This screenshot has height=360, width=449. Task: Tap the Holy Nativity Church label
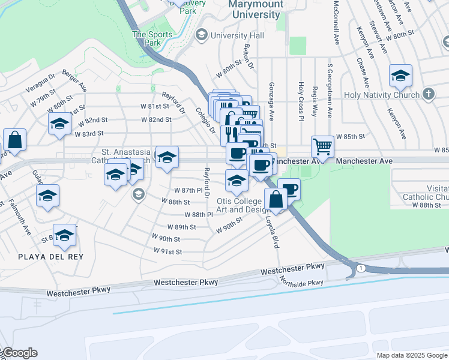coord(381,95)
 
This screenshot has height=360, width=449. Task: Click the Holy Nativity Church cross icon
coord(427,94)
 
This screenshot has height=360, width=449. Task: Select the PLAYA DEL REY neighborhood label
coord(50,257)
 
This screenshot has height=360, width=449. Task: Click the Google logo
coord(19,353)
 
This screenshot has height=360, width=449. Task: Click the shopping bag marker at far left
coord(14,140)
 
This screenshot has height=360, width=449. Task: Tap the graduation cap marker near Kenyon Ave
coord(400,76)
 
